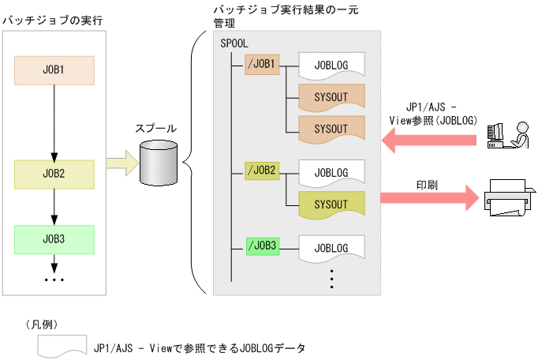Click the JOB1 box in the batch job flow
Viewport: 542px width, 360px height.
pos(54,70)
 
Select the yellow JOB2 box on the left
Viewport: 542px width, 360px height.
pos(54,172)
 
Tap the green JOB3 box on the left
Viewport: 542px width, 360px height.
pos(54,238)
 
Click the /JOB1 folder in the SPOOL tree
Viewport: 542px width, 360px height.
pos(263,66)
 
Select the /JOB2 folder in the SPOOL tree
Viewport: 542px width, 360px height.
pos(263,170)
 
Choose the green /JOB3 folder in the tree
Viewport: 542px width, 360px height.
pos(263,246)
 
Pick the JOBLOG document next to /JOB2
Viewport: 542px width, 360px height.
pos(331,171)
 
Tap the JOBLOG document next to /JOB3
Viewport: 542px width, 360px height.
pos(331,248)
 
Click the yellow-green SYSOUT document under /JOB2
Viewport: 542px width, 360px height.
pos(331,204)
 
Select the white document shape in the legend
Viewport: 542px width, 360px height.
pos(61,345)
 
